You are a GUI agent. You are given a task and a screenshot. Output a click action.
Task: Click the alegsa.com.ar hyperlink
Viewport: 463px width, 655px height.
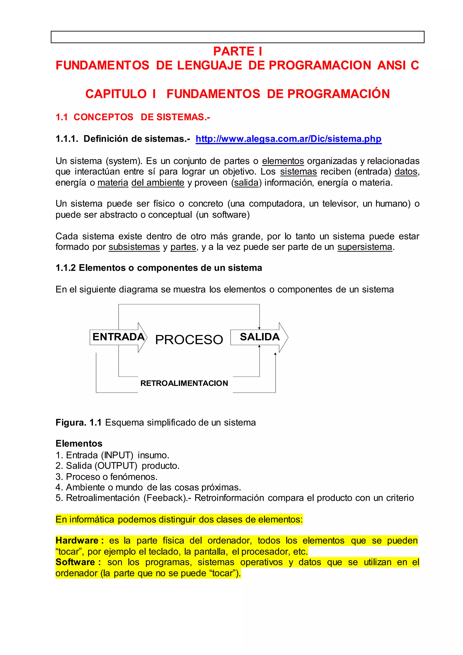pos(288,139)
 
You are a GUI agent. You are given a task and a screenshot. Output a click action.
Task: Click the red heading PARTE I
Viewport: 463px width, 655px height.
pos(237,51)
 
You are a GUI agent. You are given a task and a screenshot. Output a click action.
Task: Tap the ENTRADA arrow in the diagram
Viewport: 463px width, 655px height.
pos(118,337)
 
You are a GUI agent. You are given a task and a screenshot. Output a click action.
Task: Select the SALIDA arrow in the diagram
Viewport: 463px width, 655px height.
pos(260,337)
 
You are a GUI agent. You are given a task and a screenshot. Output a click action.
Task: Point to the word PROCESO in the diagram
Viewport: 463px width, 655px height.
pos(189,340)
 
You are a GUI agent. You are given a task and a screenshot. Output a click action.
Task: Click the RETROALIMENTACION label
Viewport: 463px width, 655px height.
pos(184,383)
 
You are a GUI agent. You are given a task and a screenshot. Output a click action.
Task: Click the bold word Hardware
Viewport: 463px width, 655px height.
pos(77,541)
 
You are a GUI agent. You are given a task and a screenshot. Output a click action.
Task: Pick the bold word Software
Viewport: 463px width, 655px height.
pos(75,562)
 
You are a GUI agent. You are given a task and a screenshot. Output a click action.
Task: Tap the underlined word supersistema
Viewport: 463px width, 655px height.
pos(365,247)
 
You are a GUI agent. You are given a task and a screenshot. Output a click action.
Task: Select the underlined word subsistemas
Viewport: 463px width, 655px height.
pos(134,247)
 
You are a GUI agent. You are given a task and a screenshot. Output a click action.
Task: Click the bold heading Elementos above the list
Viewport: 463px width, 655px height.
pos(79,443)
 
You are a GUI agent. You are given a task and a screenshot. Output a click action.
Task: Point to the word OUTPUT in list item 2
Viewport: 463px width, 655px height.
pos(116,466)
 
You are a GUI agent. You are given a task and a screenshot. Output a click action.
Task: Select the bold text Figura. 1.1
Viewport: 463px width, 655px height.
pos(79,422)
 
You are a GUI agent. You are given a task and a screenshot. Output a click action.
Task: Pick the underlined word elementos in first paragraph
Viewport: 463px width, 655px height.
pos(283,161)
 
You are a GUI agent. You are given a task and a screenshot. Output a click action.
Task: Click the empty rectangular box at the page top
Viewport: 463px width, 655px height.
pos(237,37)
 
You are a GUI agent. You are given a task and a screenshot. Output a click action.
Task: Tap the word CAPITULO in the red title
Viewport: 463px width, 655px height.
pos(116,94)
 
